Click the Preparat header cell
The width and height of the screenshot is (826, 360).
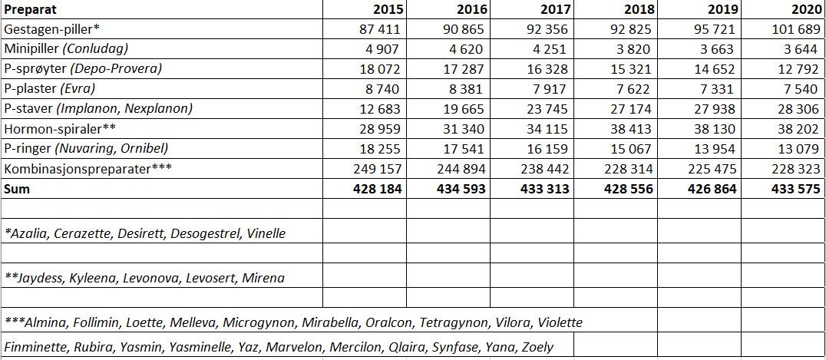tap(30, 10)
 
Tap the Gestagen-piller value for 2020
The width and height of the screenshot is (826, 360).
tap(795, 29)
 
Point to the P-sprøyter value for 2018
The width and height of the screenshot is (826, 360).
tap(630, 69)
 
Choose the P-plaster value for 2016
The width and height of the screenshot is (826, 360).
tap(466, 88)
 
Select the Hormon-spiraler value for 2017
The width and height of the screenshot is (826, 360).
tap(547, 128)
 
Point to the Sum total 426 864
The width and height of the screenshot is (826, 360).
tap(709, 188)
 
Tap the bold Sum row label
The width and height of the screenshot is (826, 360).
tap(17, 188)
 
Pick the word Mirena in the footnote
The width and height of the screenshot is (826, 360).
tap(263, 278)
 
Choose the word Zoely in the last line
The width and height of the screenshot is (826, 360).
tap(537, 347)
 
